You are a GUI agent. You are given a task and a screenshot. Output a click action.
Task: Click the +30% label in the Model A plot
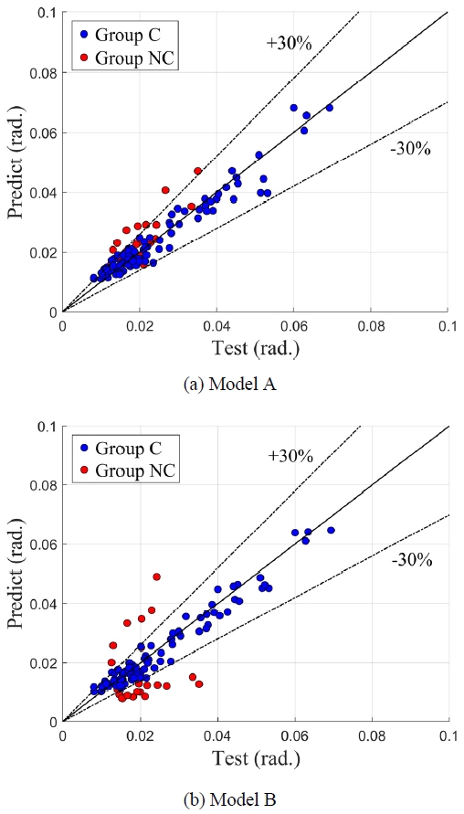290,42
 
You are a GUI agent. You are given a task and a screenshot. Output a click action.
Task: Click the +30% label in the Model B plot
290,454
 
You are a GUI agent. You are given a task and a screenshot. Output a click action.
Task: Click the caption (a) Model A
231,384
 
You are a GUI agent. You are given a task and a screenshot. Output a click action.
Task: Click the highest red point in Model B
157,576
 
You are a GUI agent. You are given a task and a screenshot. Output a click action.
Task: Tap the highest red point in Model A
197,171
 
